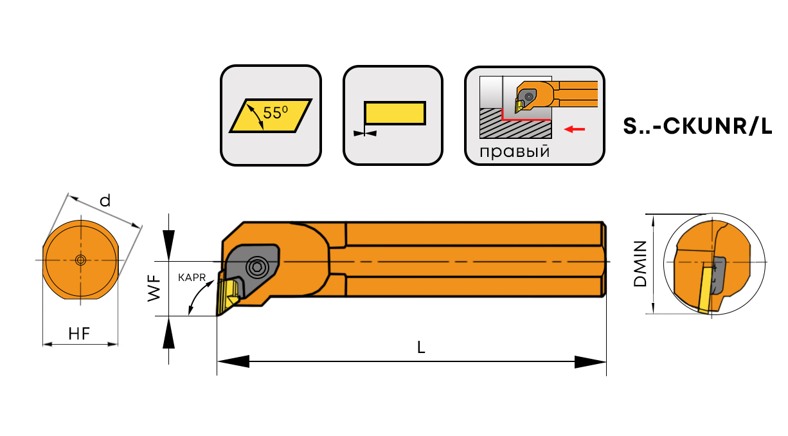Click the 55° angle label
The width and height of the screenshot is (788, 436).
pyautogui.click(x=275, y=113)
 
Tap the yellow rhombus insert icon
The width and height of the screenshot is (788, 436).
pyautogui.click(x=271, y=116)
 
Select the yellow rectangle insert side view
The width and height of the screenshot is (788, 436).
pyautogui.click(x=395, y=113)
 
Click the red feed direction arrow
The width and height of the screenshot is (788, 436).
pyautogui.click(x=575, y=129)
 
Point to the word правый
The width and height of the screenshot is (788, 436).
pyautogui.click(x=515, y=152)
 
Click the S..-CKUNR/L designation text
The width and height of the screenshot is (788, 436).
pyautogui.click(x=697, y=126)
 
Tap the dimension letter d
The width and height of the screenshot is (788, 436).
pyautogui.click(x=105, y=201)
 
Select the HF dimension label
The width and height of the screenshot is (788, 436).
pyautogui.click(x=79, y=334)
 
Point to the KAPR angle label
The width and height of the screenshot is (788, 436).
pyautogui.click(x=192, y=278)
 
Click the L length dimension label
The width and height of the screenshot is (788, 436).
pyautogui.click(x=421, y=347)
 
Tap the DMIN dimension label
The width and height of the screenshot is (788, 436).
pyautogui.click(x=640, y=264)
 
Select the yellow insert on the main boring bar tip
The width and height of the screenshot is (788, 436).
pyautogui.click(x=228, y=296)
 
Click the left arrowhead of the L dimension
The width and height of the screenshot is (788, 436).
pyautogui.click(x=233, y=361)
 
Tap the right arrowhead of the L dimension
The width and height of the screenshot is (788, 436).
pyautogui.click(x=590, y=362)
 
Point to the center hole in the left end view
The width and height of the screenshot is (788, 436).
pyautogui.click(x=80, y=260)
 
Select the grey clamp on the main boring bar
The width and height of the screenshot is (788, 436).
pyautogui.click(x=252, y=269)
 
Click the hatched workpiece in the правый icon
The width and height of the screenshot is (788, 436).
pyautogui.click(x=515, y=123)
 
